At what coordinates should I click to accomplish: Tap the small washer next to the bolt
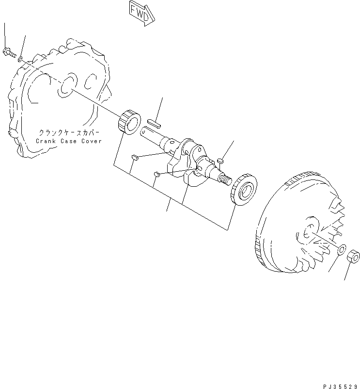[x=20, y=59]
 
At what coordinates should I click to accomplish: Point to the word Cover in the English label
[x=92, y=141]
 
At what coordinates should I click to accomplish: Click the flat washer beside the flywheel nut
[x=341, y=250]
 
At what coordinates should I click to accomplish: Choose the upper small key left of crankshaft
[x=136, y=157]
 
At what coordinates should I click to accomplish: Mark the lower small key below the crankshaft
[x=157, y=174]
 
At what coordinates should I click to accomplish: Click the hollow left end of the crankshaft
[x=146, y=131]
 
